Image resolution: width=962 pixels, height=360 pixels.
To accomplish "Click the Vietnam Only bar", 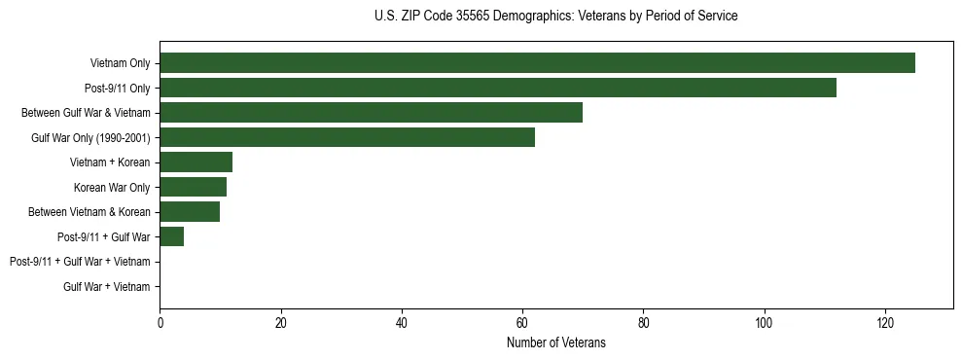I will tap(537, 63).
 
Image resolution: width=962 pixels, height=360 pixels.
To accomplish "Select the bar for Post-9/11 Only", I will tap(498, 88).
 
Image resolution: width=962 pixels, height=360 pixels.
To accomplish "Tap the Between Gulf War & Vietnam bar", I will tap(371, 113).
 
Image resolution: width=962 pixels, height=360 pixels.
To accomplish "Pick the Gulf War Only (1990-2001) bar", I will tap(347, 137).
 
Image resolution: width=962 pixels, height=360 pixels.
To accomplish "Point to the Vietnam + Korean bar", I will tap(196, 162).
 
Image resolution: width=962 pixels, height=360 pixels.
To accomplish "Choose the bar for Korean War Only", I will tap(193, 187).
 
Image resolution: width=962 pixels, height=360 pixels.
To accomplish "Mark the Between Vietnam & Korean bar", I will tap(190, 212).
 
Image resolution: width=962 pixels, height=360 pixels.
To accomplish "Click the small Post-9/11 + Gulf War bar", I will tap(171, 236).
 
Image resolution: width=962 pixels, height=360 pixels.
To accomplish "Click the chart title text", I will tap(555, 17).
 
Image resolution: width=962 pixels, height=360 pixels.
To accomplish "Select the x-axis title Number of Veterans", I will tap(555, 343).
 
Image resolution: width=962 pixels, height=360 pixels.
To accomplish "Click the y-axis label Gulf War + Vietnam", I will tap(106, 286).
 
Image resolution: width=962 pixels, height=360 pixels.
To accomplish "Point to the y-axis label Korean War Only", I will tap(111, 187).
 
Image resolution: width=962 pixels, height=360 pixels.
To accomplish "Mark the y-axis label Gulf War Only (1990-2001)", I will tap(89, 137).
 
